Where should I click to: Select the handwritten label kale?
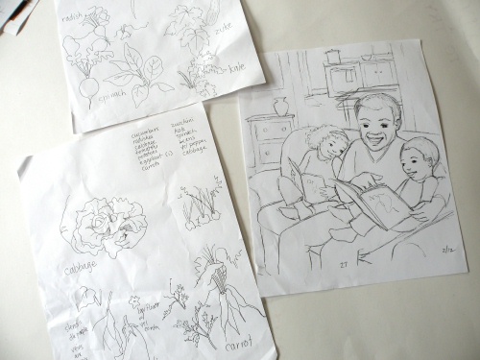tap(236, 67)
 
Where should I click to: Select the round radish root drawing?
tap(89, 87)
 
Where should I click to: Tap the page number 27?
tap(343, 262)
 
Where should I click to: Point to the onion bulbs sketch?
tap(199, 206)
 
